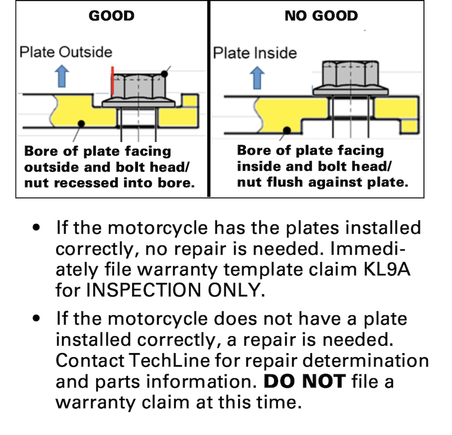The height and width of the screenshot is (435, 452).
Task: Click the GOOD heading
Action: [111, 16]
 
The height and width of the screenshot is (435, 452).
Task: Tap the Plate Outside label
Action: [66, 52]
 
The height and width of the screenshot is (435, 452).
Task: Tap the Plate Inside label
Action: [255, 53]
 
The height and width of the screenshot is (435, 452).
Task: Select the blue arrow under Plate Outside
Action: [63, 77]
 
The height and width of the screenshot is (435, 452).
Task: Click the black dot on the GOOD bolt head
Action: [165, 73]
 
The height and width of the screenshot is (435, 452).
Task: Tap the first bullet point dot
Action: [37, 227]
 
